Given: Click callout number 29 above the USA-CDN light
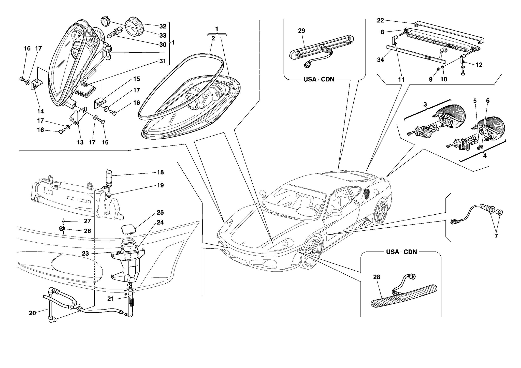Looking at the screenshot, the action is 301,31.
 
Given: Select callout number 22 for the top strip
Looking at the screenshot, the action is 380,20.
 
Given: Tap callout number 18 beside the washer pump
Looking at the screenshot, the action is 160,172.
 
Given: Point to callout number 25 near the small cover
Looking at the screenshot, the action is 160,212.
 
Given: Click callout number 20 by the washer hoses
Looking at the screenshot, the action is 32,313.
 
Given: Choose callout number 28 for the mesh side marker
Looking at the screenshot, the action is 377,277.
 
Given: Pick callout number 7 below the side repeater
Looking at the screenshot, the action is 496,236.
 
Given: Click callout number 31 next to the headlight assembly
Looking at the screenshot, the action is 163,61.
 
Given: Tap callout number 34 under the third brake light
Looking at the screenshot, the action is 380,60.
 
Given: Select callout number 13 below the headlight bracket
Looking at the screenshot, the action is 80,142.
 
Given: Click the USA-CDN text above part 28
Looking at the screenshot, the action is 401,252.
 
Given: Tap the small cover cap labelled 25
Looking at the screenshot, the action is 128,229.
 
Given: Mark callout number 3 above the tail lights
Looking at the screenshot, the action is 425,104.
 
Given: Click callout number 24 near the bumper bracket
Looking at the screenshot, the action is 160,222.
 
